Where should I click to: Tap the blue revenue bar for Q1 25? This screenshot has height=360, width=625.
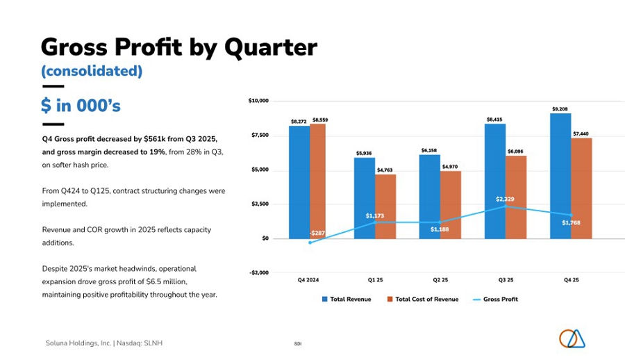[x=365, y=197]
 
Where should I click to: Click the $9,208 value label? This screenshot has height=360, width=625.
[x=560, y=109]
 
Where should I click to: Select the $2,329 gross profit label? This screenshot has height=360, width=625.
[x=505, y=199]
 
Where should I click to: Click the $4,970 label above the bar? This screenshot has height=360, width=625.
[x=451, y=167]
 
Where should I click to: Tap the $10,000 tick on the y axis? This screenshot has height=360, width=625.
[x=258, y=101]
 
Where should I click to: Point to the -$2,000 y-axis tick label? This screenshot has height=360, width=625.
[x=258, y=272]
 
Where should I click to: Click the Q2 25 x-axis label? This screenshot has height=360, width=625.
[x=440, y=281]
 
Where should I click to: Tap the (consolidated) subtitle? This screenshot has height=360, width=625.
[x=92, y=71]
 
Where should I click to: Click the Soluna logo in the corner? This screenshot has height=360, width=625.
[x=572, y=338]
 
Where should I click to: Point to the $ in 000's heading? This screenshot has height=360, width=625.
[x=81, y=106]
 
